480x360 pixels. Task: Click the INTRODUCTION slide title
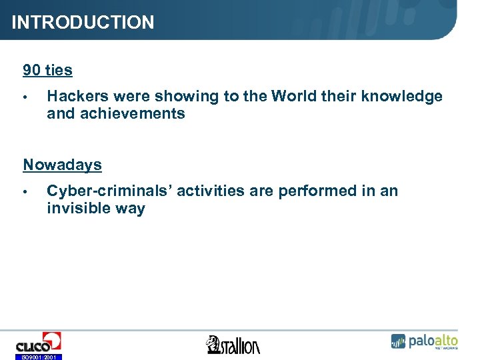coord(83,23)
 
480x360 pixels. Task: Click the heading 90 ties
coord(47,70)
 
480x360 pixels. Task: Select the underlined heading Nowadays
coord(62,165)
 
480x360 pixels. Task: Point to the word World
coord(294,97)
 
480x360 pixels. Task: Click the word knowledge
coord(401,97)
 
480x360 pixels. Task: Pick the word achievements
coord(131,114)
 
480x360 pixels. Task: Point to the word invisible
coord(76,209)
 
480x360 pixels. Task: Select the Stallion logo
coord(233,345)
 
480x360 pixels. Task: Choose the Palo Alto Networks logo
coord(424,341)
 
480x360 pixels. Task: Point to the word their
coord(339,97)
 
